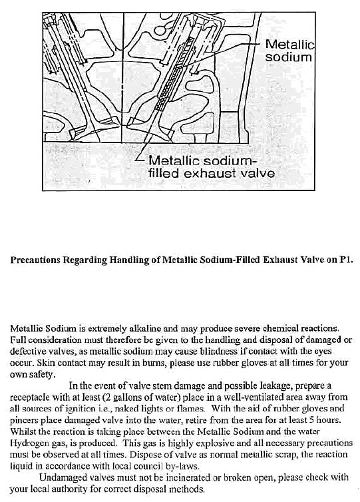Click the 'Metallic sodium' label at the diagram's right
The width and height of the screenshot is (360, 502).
coord(288,51)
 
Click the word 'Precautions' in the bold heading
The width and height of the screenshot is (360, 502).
coord(38,261)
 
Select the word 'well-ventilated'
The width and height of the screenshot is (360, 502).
coord(247,395)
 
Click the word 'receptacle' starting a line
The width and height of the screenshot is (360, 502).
coord(31,395)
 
